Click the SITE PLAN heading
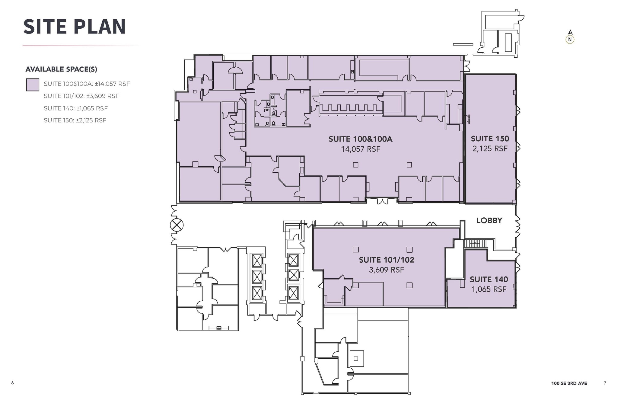[74, 27]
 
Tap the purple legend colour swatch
[32, 85]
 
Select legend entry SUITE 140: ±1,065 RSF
[75, 108]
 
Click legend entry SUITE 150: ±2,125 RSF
[75, 120]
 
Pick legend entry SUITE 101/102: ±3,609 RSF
[81, 96]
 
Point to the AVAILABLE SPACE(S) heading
[61, 69]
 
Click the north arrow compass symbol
[570, 37]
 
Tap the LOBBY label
[489, 220]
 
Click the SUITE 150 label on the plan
[490, 139]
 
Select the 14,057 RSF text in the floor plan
[360, 149]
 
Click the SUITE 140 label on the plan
[489, 280]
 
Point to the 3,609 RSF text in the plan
[386, 270]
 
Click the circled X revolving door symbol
[177, 225]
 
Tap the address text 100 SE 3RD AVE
[569, 383]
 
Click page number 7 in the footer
[605, 383]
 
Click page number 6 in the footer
[12, 383]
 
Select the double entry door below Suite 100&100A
[382, 201]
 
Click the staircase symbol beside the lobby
[475, 243]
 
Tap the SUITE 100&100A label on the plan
[360, 139]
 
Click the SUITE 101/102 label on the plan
[386, 260]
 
